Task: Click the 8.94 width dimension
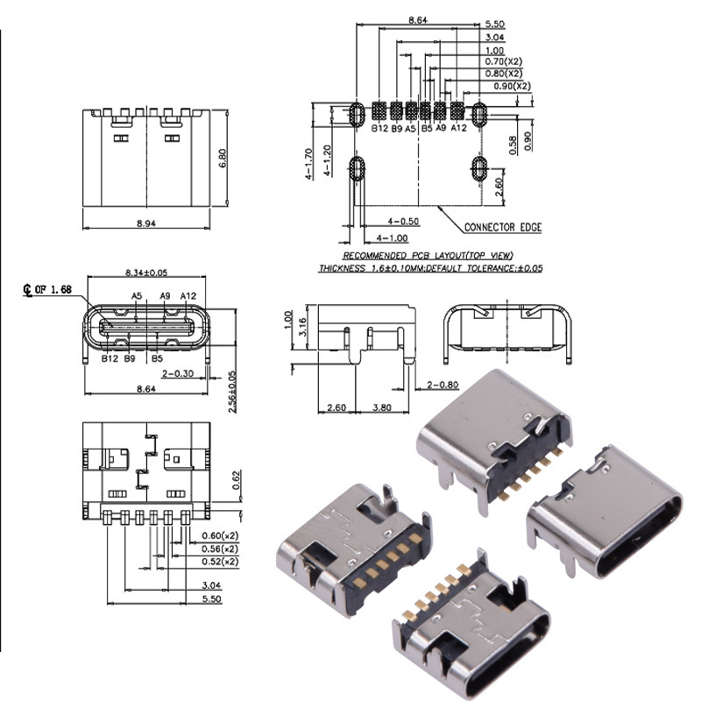click(146, 223)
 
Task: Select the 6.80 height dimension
click(223, 159)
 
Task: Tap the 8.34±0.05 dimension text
click(146, 273)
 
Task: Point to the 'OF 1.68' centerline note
click(53, 290)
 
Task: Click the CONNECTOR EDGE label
click(503, 227)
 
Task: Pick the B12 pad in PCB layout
click(379, 110)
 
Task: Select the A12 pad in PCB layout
click(457, 110)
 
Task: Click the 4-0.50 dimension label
click(403, 222)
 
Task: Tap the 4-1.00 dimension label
click(392, 238)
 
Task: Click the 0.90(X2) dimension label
click(513, 86)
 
